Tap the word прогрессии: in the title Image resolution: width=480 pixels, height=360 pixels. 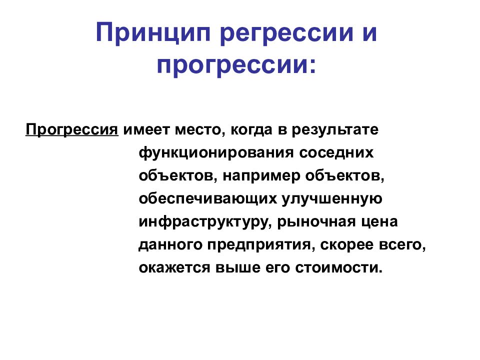click(x=236, y=65)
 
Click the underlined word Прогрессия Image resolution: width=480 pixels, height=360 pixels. click(x=72, y=130)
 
